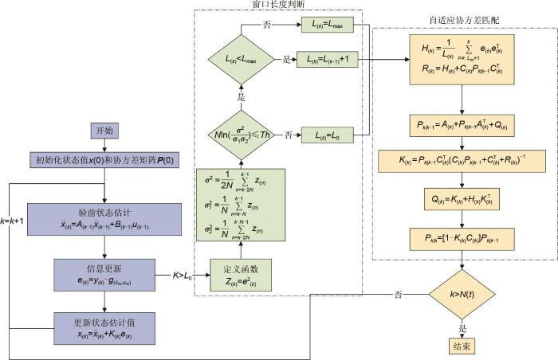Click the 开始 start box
click(x=105, y=130)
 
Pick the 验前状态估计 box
click(x=105, y=213)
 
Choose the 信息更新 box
click(x=105, y=272)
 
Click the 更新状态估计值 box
click(x=105, y=326)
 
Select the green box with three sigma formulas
click(x=242, y=206)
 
